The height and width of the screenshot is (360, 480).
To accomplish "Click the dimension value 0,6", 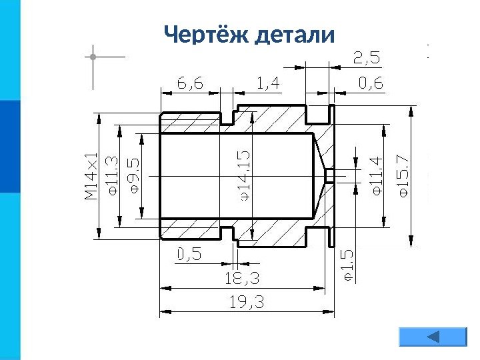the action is pos(371,83).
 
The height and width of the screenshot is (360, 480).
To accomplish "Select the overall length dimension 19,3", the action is pos(247,302).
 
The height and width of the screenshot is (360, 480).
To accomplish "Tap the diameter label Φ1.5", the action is pos(348,265).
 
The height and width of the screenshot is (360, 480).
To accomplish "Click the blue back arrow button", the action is pos(432,337).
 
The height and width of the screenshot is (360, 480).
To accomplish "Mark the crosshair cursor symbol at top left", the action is pos(93,57).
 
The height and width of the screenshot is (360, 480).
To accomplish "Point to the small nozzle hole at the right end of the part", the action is pos(328,175).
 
